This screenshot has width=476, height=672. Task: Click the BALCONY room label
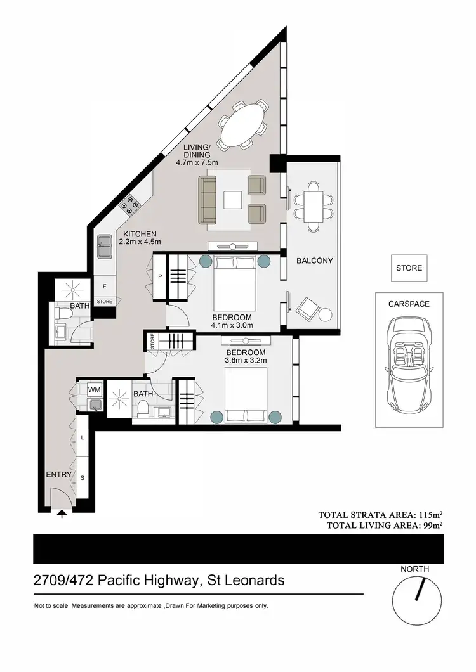click(314, 261)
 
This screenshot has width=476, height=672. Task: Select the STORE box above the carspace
click(409, 268)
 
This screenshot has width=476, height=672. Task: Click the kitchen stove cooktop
click(130, 205)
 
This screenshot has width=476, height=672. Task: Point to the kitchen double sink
click(105, 247)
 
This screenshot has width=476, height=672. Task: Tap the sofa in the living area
click(208, 200)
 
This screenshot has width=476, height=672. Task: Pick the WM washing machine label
click(94, 389)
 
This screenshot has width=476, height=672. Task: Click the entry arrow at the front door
click(62, 515)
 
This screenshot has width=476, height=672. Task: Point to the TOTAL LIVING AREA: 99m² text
click(385, 525)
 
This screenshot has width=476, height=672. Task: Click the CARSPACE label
click(409, 304)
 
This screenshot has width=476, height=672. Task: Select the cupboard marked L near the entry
click(84, 438)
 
